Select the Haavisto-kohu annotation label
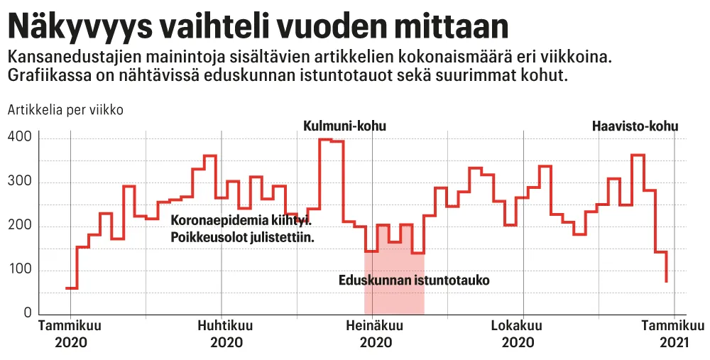point(635,126)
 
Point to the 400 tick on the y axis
point(20,137)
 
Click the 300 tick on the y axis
point(20,182)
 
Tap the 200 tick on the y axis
point(20,226)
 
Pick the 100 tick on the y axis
point(20,270)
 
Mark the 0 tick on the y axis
point(28,313)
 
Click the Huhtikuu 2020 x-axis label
point(222,334)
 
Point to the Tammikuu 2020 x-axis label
point(70,334)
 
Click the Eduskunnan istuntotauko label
point(414,280)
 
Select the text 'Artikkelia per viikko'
point(66,110)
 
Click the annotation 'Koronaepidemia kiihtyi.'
point(241,221)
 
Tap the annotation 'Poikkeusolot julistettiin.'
point(242,237)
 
